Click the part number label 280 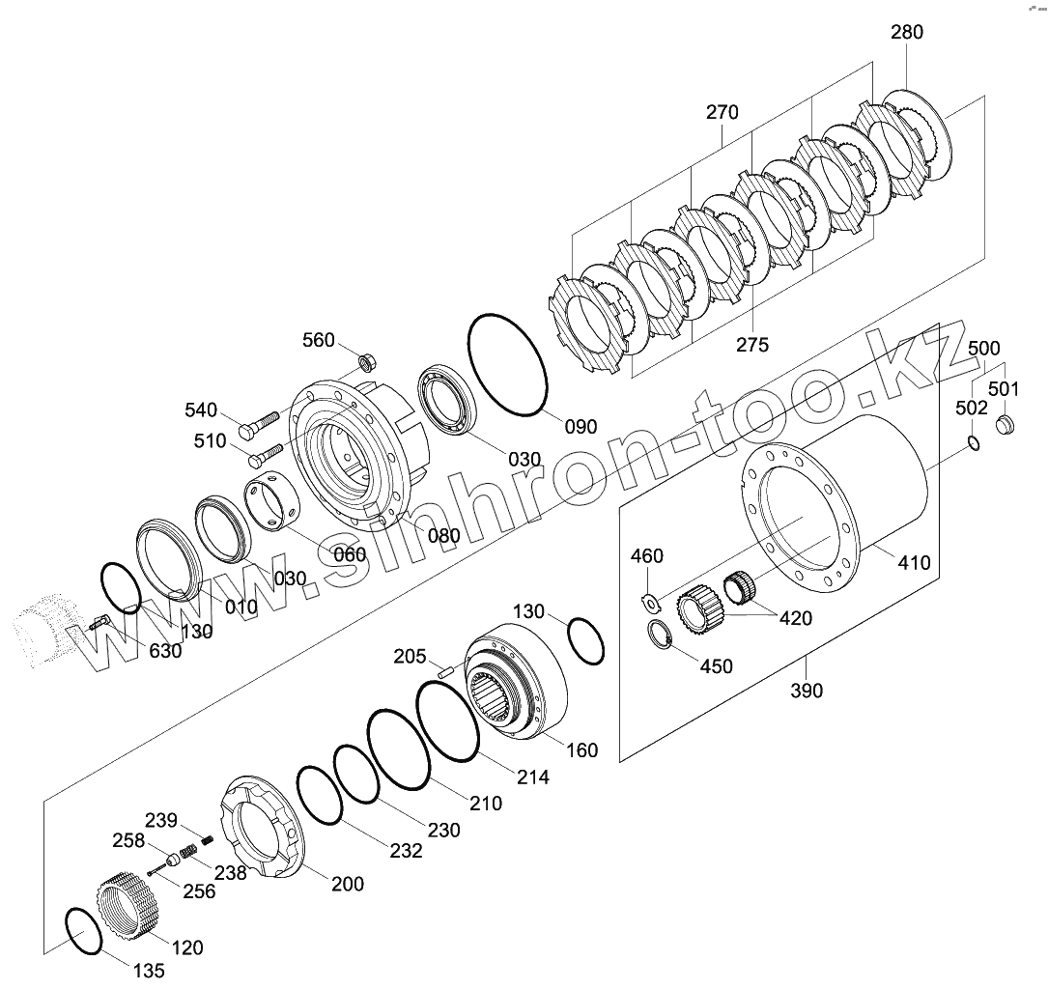(x=907, y=32)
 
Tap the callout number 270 (x=722, y=112)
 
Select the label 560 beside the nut (x=319, y=340)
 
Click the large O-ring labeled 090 (x=508, y=366)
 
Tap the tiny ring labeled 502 (x=975, y=442)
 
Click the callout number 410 (x=913, y=562)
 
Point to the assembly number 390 (x=806, y=691)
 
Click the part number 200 (x=348, y=884)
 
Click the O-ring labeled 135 (x=82, y=932)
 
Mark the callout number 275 (x=751, y=345)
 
